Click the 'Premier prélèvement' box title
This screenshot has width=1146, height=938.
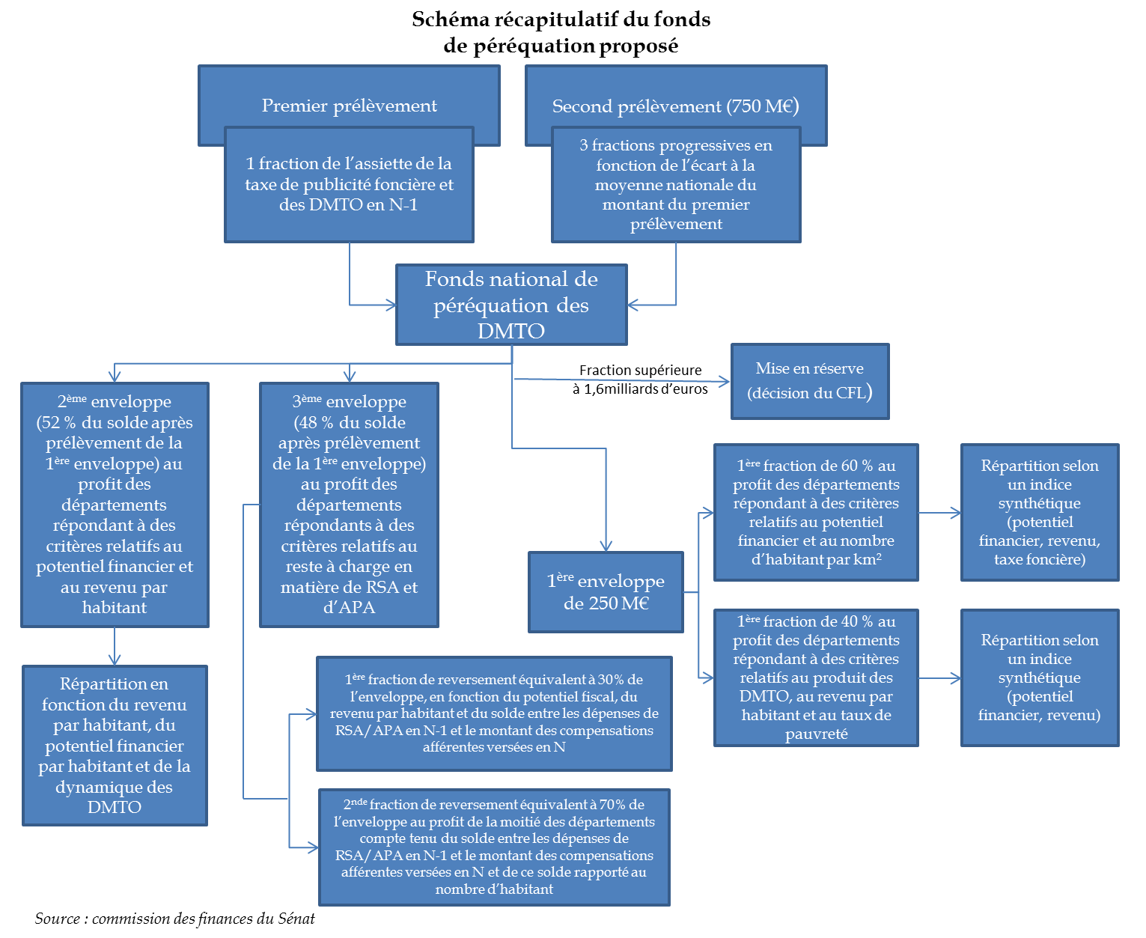click(x=349, y=106)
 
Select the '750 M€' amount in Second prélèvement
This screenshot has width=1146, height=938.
click(x=762, y=106)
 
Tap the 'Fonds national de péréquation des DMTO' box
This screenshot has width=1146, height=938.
click(x=511, y=305)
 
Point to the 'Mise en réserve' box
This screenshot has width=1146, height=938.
click(x=810, y=381)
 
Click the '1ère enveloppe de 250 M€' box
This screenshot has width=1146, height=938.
click(x=606, y=592)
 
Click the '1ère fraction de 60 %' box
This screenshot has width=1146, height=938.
click(x=816, y=512)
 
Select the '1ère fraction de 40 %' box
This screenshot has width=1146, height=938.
click(x=816, y=677)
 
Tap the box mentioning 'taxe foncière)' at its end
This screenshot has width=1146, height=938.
click(x=1040, y=512)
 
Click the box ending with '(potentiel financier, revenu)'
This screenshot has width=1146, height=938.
click(x=1040, y=677)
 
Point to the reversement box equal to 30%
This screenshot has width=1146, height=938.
click(x=494, y=713)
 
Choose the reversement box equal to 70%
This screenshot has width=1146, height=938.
click(x=494, y=847)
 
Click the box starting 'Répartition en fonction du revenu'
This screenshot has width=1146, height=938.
click(x=115, y=745)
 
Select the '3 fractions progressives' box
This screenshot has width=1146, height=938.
click(x=676, y=184)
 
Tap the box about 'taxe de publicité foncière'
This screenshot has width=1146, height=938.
click(x=349, y=184)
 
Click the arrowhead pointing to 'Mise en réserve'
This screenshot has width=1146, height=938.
click(x=725, y=382)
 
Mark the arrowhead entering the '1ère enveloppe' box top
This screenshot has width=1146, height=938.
click(x=606, y=546)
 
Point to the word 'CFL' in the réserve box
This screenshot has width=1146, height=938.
click(x=850, y=393)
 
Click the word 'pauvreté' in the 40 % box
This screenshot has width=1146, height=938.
click(x=816, y=734)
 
